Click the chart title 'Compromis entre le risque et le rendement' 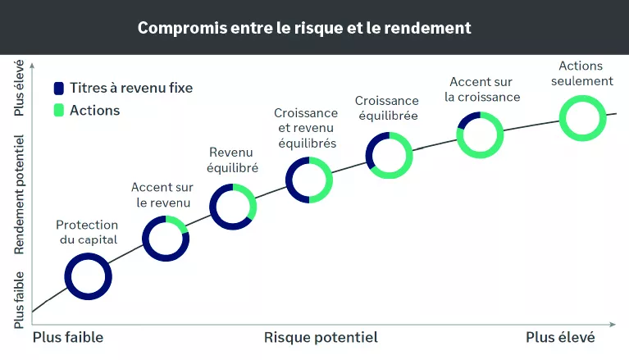pos(304,27)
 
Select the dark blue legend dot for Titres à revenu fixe pos(59,89)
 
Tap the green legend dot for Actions pos(59,110)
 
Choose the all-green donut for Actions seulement pos(583,117)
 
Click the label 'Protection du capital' pos(88,232)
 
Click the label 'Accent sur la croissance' pos(482,89)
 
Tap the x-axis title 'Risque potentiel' pos(321,337)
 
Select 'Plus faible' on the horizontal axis pos(68,337)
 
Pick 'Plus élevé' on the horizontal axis pos(560,337)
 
